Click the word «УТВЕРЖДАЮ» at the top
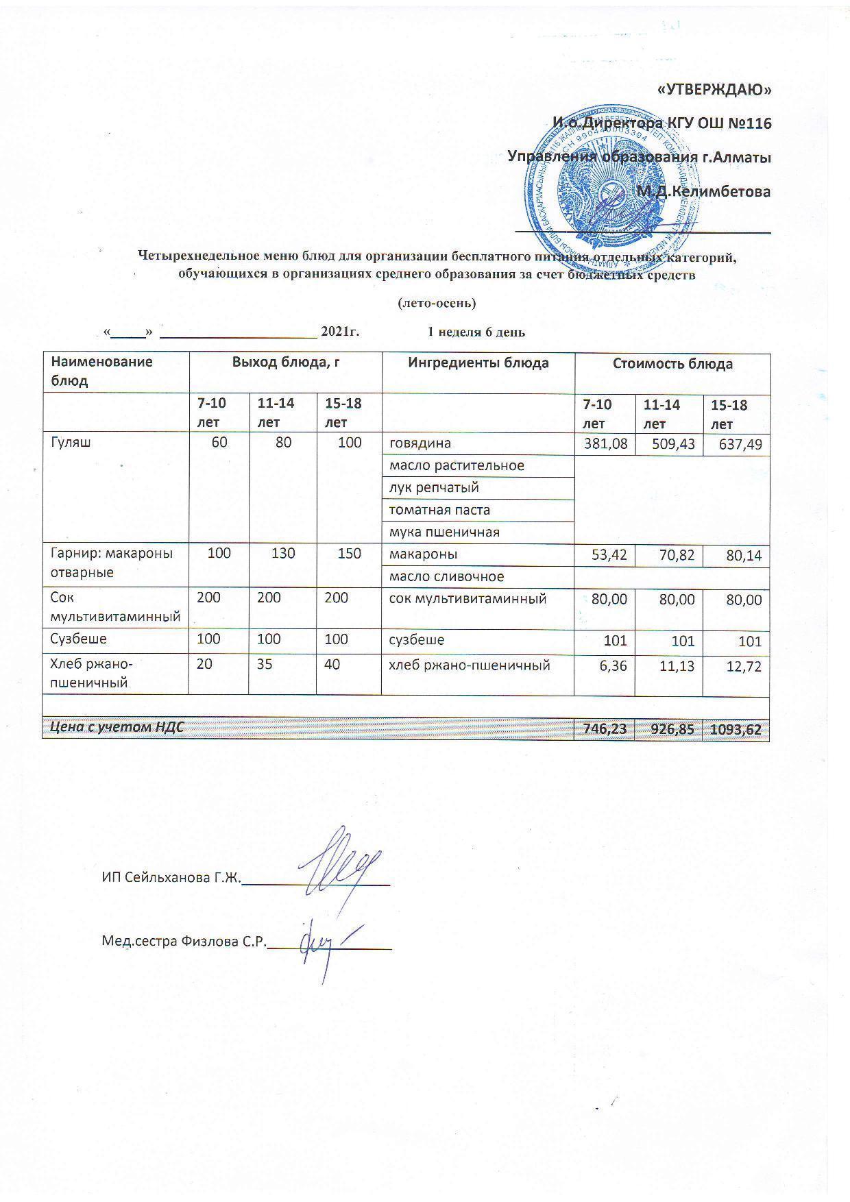tap(714, 90)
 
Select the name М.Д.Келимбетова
tap(704, 191)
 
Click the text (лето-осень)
tap(437, 302)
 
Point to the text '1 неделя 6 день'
tap(476, 332)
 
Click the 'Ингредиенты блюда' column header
tap(478, 363)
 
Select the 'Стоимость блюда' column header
tap(672, 364)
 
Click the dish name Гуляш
tap(71, 443)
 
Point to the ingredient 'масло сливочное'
tap(446, 577)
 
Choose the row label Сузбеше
tap(79, 639)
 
